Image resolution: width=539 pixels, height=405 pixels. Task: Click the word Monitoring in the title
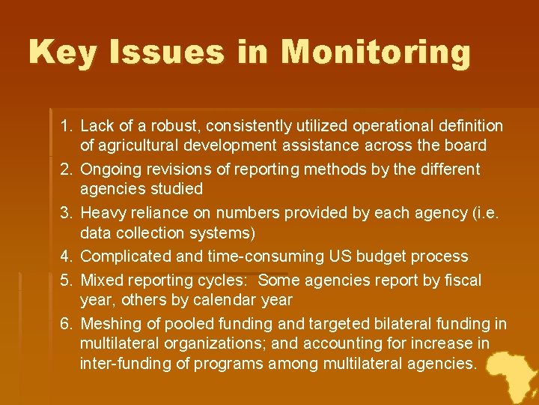376,52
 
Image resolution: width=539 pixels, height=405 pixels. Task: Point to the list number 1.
66,126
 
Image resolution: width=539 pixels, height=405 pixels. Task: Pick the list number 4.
66,256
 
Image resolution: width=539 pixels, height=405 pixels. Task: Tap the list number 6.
66,324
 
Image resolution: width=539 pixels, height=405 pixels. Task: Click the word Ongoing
110,169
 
